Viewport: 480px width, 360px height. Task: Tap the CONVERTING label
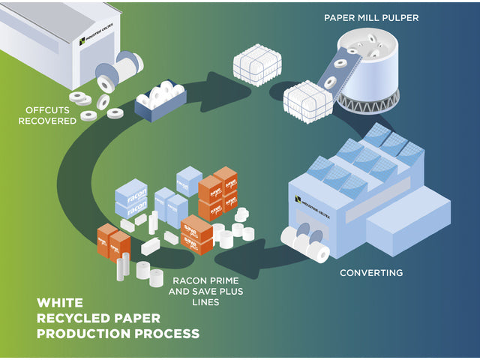(370, 272)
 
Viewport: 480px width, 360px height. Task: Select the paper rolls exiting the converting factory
(307, 244)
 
